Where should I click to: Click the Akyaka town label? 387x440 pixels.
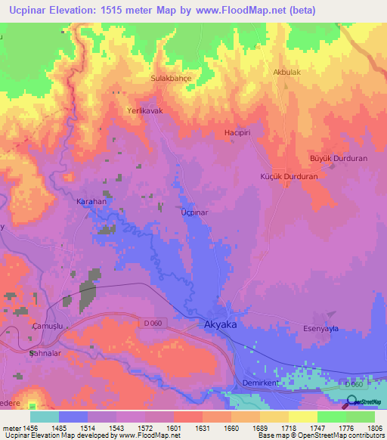221,324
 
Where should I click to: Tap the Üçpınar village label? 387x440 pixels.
194,212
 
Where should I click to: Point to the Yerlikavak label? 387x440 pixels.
144,110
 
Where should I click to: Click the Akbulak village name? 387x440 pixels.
286,73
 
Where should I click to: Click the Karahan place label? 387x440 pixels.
91,203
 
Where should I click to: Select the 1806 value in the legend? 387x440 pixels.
374,428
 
